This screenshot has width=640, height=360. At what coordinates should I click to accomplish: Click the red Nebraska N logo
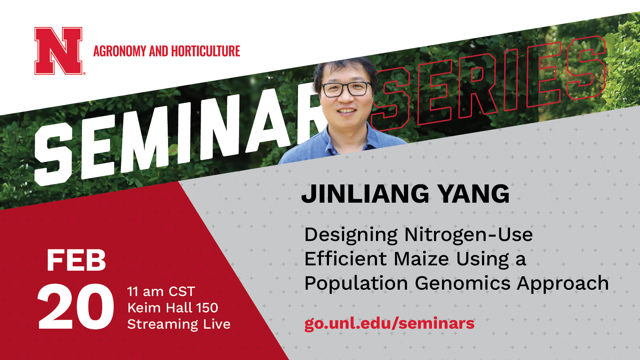(59, 51)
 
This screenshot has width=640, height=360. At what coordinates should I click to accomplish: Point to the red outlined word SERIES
(488, 83)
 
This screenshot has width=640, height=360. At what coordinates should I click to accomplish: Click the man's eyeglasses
(347, 89)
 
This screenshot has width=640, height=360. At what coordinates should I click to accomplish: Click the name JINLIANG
(365, 194)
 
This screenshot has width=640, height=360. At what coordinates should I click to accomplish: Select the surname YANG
(474, 194)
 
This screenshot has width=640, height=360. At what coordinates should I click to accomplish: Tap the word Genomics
(463, 284)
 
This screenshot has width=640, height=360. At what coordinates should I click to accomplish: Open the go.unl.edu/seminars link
(389, 323)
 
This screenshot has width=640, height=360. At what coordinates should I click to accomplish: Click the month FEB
(76, 260)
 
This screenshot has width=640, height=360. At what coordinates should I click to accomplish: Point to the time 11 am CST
(161, 292)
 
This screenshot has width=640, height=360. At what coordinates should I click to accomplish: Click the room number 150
(207, 308)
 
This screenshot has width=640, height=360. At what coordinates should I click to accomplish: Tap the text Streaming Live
(179, 324)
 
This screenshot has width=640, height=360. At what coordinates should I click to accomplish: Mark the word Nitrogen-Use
(468, 235)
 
